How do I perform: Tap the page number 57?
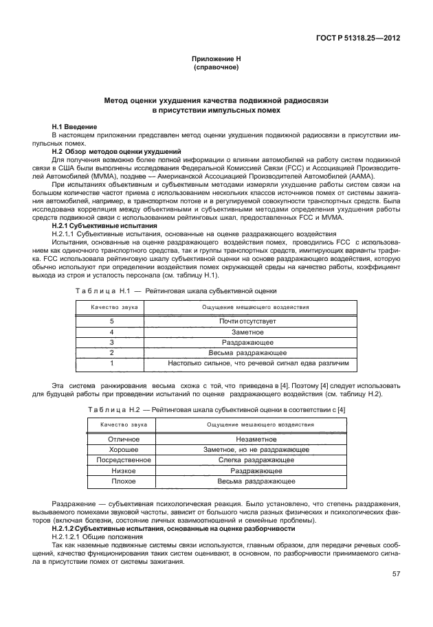coord(397,573)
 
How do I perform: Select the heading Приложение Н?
coord(216,60)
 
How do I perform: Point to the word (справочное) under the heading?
coord(216,68)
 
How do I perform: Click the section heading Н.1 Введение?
coord(75,127)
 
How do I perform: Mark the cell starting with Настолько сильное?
coord(263,363)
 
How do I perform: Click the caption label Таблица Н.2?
coord(113,409)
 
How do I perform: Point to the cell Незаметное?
coord(256,440)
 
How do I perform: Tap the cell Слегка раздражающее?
coord(256,460)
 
